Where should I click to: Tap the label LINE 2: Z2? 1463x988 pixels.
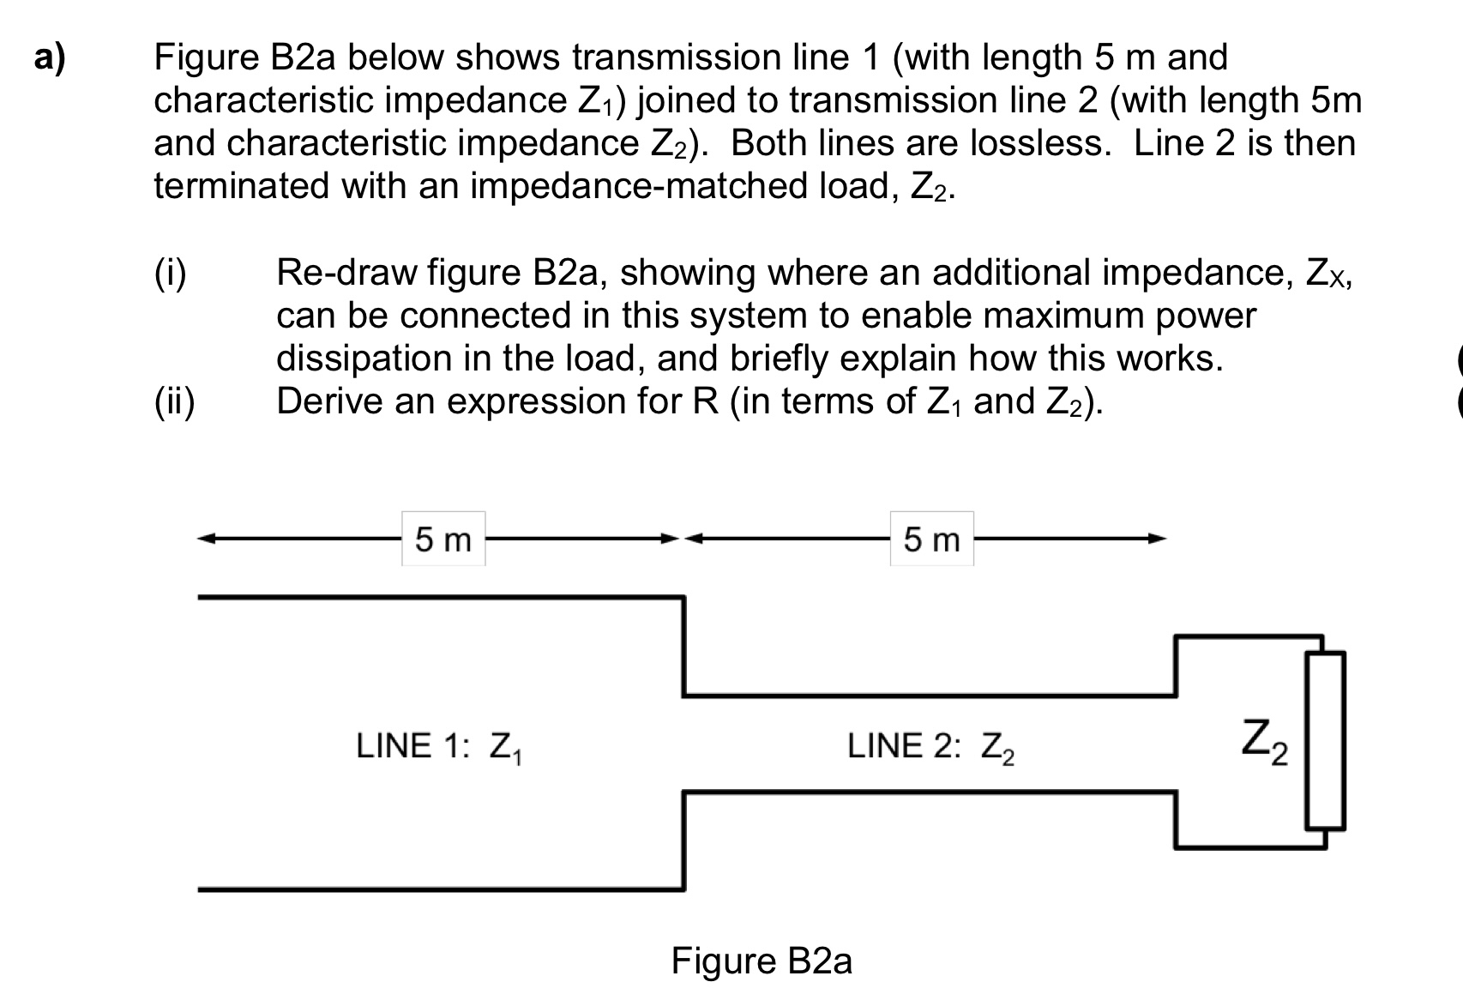click(931, 746)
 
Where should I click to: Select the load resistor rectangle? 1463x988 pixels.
click(1325, 740)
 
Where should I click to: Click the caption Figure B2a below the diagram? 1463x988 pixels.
click(762, 961)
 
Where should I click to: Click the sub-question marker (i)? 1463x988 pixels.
click(171, 273)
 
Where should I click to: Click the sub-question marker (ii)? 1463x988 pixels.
click(174, 401)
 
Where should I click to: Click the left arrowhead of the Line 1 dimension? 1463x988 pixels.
click(206, 539)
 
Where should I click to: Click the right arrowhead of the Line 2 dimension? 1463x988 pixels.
click(1159, 539)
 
